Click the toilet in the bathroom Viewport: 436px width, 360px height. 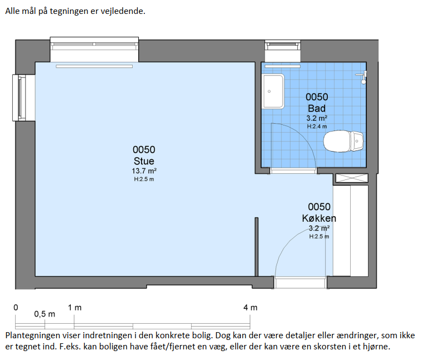[x=343, y=141]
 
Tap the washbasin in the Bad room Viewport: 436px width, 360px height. [x=273, y=91]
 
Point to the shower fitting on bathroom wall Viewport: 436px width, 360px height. [x=362, y=77]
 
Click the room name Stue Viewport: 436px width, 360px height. [x=144, y=161]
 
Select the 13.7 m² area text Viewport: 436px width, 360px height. [x=144, y=171]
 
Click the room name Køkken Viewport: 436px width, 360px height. [x=319, y=218]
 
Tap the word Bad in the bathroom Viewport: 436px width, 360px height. [x=317, y=108]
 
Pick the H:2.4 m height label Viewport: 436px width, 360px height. [x=317, y=127]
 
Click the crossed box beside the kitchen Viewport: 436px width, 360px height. [x=352, y=178]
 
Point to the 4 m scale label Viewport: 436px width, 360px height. [x=250, y=308]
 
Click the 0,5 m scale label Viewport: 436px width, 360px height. [x=45, y=314]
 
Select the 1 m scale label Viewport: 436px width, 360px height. [x=75, y=308]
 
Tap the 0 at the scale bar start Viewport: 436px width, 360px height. [x=16, y=308]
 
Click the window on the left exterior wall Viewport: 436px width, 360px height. [x=20, y=98]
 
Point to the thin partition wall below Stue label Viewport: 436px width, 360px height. [x=256, y=247]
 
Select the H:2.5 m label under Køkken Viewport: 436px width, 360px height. [x=319, y=237]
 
